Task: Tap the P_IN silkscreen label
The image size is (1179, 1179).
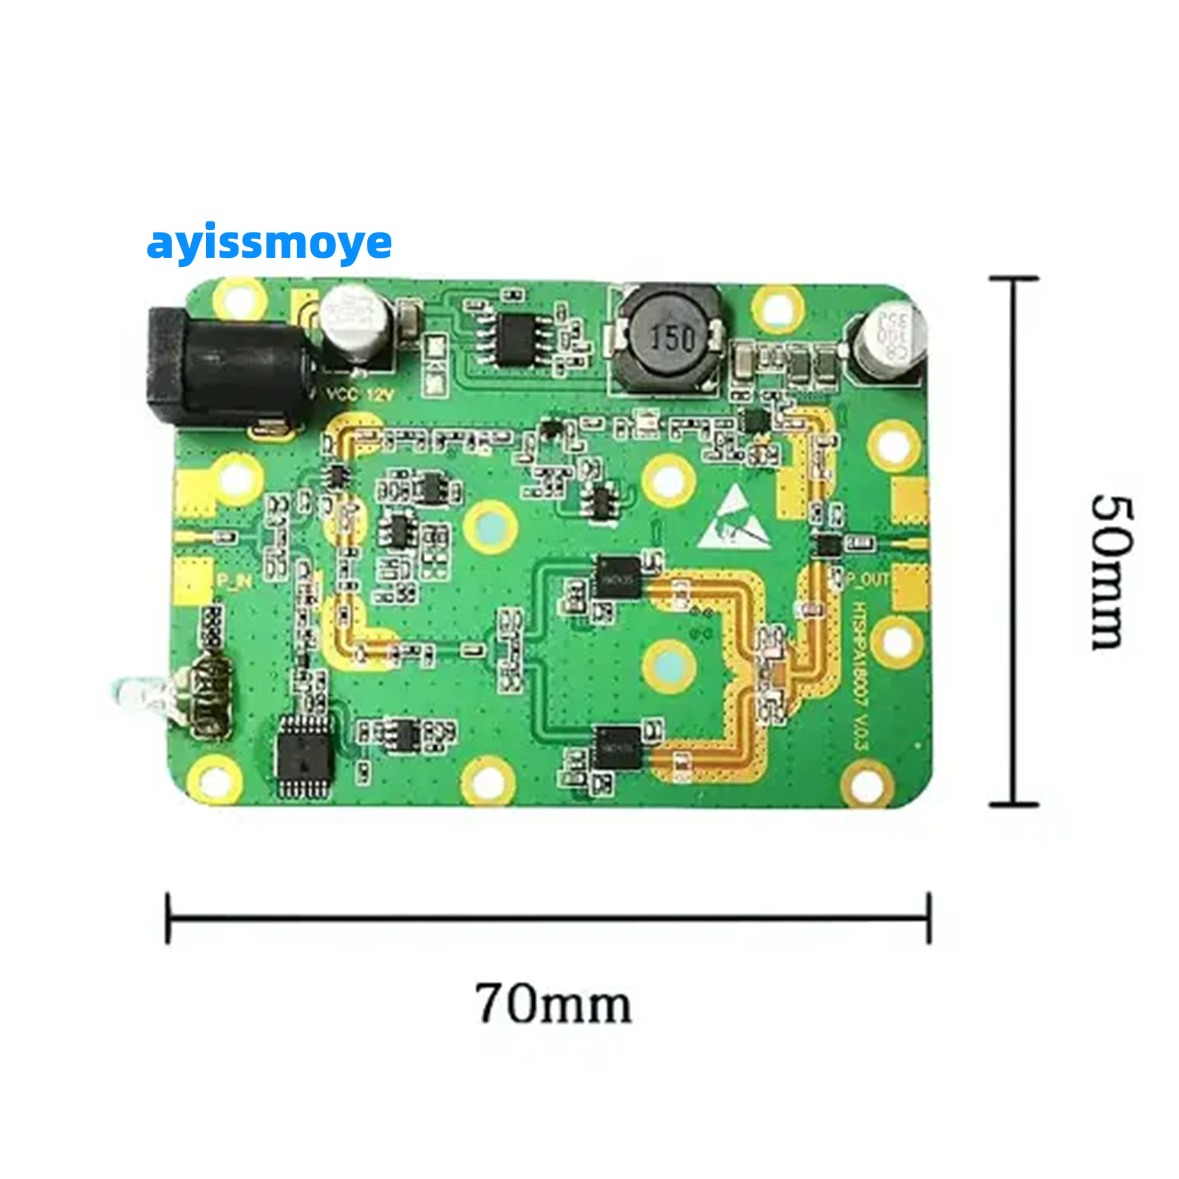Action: pyautogui.click(x=234, y=582)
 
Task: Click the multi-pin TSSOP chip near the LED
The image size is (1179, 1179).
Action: pyautogui.click(x=305, y=757)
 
